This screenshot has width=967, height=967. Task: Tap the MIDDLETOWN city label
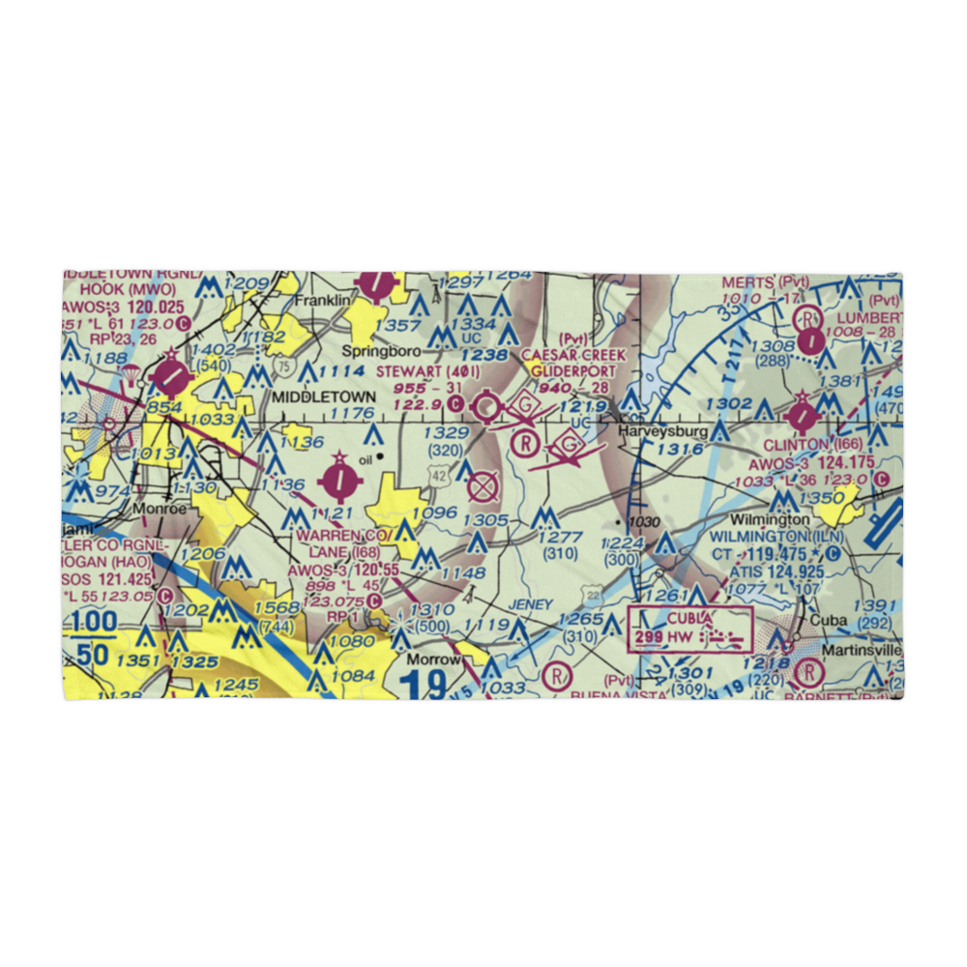coord(322,397)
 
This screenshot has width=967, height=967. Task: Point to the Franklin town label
coord(323,301)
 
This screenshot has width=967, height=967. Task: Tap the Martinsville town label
coord(863,651)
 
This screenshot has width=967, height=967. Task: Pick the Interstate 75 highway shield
coord(281,366)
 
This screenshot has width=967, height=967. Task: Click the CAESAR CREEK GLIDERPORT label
coord(574,365)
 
